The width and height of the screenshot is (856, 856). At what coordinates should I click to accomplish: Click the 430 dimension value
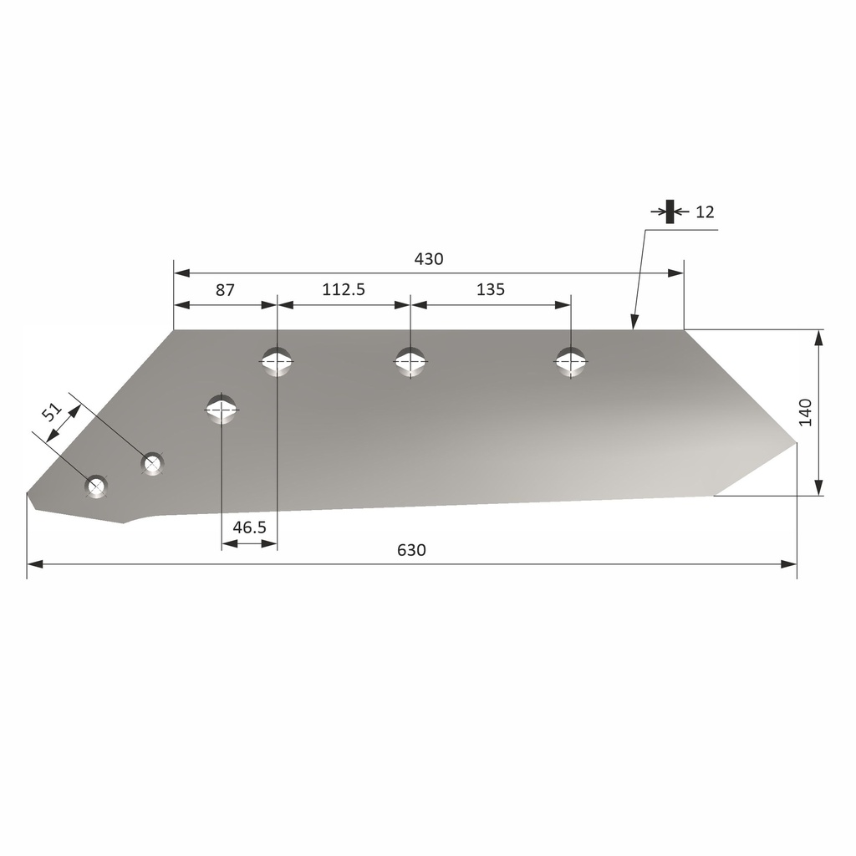429,259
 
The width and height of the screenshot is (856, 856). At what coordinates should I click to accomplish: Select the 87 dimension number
225,290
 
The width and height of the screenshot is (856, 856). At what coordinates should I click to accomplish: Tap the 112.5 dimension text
344,290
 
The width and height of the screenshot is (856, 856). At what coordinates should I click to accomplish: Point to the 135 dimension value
491,290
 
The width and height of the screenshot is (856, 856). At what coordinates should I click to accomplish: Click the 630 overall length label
411,550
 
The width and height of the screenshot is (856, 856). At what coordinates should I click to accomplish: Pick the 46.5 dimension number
249,527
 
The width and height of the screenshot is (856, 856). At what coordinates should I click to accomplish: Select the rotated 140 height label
806,413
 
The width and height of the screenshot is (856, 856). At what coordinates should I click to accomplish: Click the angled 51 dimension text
52,412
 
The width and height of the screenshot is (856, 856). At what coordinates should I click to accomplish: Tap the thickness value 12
705,212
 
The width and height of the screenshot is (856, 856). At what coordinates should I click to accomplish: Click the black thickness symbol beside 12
670,211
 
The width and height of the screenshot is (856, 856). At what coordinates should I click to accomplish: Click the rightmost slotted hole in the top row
571,361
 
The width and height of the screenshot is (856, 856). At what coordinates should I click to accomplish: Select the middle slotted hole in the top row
410,361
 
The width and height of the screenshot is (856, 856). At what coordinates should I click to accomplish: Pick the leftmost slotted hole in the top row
277,361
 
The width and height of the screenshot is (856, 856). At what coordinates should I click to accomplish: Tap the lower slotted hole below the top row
222,409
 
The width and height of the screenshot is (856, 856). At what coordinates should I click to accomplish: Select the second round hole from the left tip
152,462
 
